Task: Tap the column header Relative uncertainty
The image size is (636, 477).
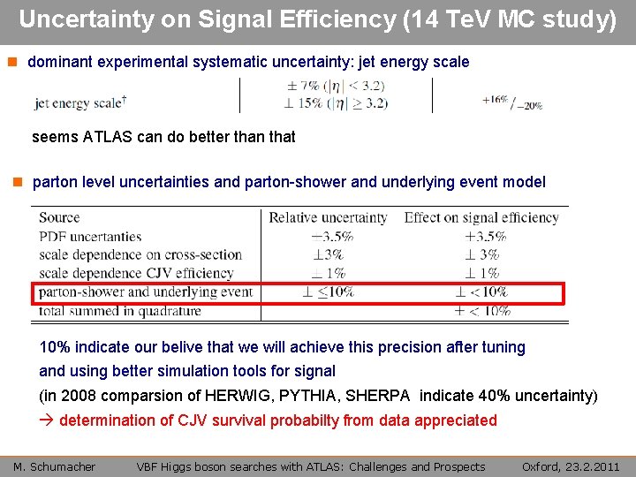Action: (x=328, y=217)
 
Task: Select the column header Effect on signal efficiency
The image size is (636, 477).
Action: (x=481, y=217)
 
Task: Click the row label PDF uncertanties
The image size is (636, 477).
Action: (x=90, y=236)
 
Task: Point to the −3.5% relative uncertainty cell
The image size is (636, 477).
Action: (x=332, y=236)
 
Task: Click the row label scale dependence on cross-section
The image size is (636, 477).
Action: (x=140, y=254)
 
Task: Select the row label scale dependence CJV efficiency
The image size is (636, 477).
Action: (x=136, y=273)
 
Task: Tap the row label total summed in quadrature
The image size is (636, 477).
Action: (x=120, y=310)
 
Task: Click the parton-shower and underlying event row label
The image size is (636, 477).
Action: (x=146, y=291)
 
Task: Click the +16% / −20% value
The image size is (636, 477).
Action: (x=512, y=102)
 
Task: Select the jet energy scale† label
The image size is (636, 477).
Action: (x=80, y=103)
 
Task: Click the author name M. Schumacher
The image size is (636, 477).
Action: (x=55, y=466)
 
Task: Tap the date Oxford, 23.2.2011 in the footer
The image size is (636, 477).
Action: (x=570, y=466)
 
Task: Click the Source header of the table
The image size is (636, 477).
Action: (x=59, y=217)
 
